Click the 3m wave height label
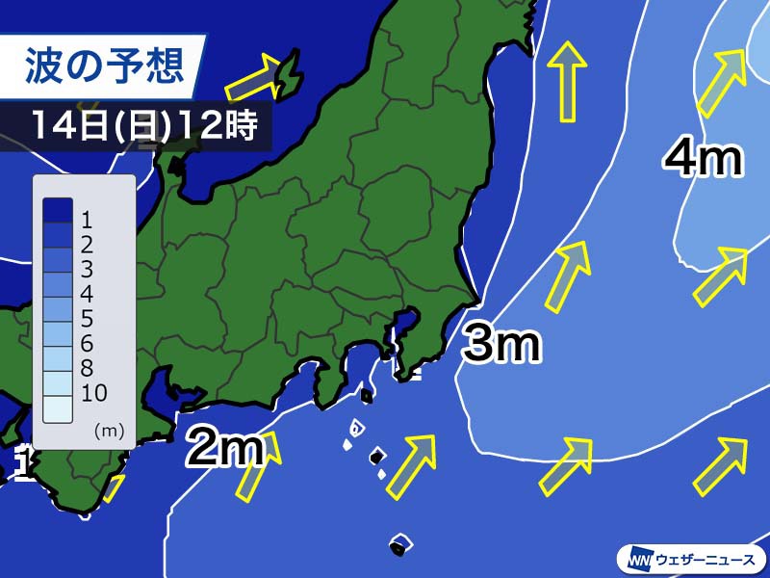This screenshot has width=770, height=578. point(500,344)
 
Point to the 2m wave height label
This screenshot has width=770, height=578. point(224,447)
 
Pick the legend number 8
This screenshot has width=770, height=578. point(88,368)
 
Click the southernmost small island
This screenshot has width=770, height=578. point(398,545)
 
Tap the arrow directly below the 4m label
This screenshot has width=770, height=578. point(720,276)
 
